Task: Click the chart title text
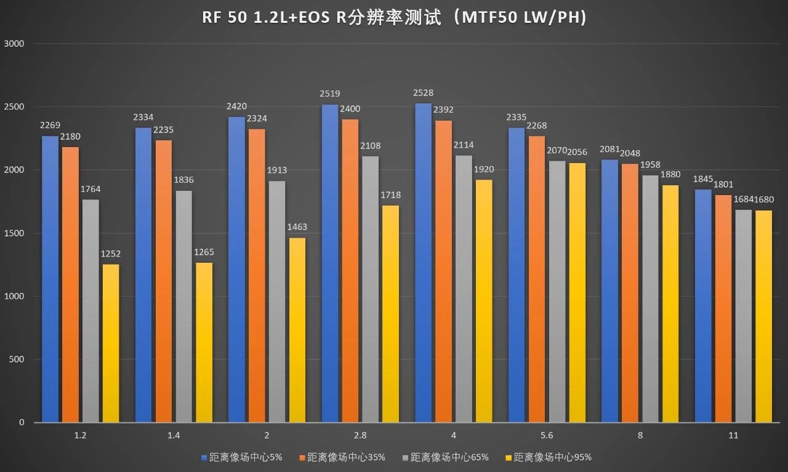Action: pos(394,18)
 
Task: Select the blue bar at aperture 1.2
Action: pos(50,280)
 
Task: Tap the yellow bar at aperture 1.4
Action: pos(204,343)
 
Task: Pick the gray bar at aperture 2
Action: pos(277,302)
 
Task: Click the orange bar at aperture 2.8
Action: pos(350,271)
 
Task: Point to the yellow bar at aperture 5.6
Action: pos(577,293)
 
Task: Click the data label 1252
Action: pos(111,253)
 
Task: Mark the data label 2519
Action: pos(330,94)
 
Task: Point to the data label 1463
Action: pos(297,227)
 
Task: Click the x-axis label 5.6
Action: pos(547,436)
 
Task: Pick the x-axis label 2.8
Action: pos(360,436)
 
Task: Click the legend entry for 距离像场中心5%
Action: pos(242,457)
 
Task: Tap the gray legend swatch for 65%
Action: pos(406,458)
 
